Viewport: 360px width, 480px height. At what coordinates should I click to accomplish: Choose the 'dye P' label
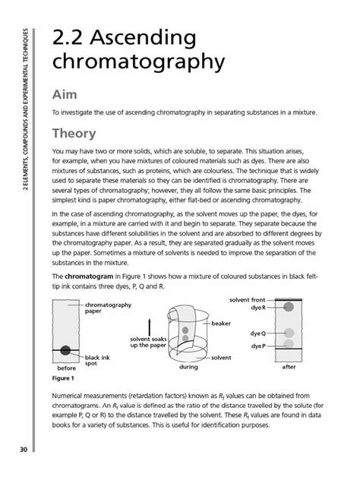tap(256, 346)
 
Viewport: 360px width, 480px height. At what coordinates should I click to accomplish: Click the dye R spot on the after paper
tap(288, 307)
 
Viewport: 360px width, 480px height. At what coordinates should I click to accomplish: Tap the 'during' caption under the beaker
tap(188, 366)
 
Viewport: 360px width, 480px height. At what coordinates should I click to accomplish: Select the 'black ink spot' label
tap(96, 360)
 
